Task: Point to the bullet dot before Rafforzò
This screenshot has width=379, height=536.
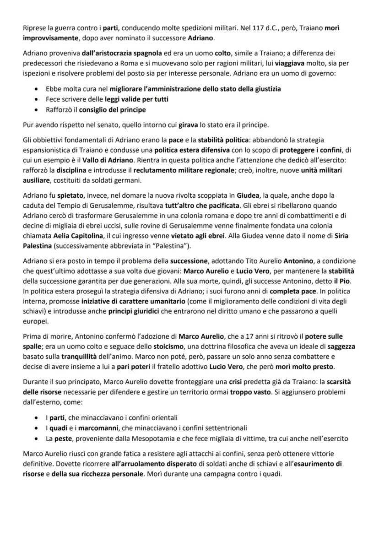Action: tap(37, 110)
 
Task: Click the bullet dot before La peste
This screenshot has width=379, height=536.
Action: tap(37, 439)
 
